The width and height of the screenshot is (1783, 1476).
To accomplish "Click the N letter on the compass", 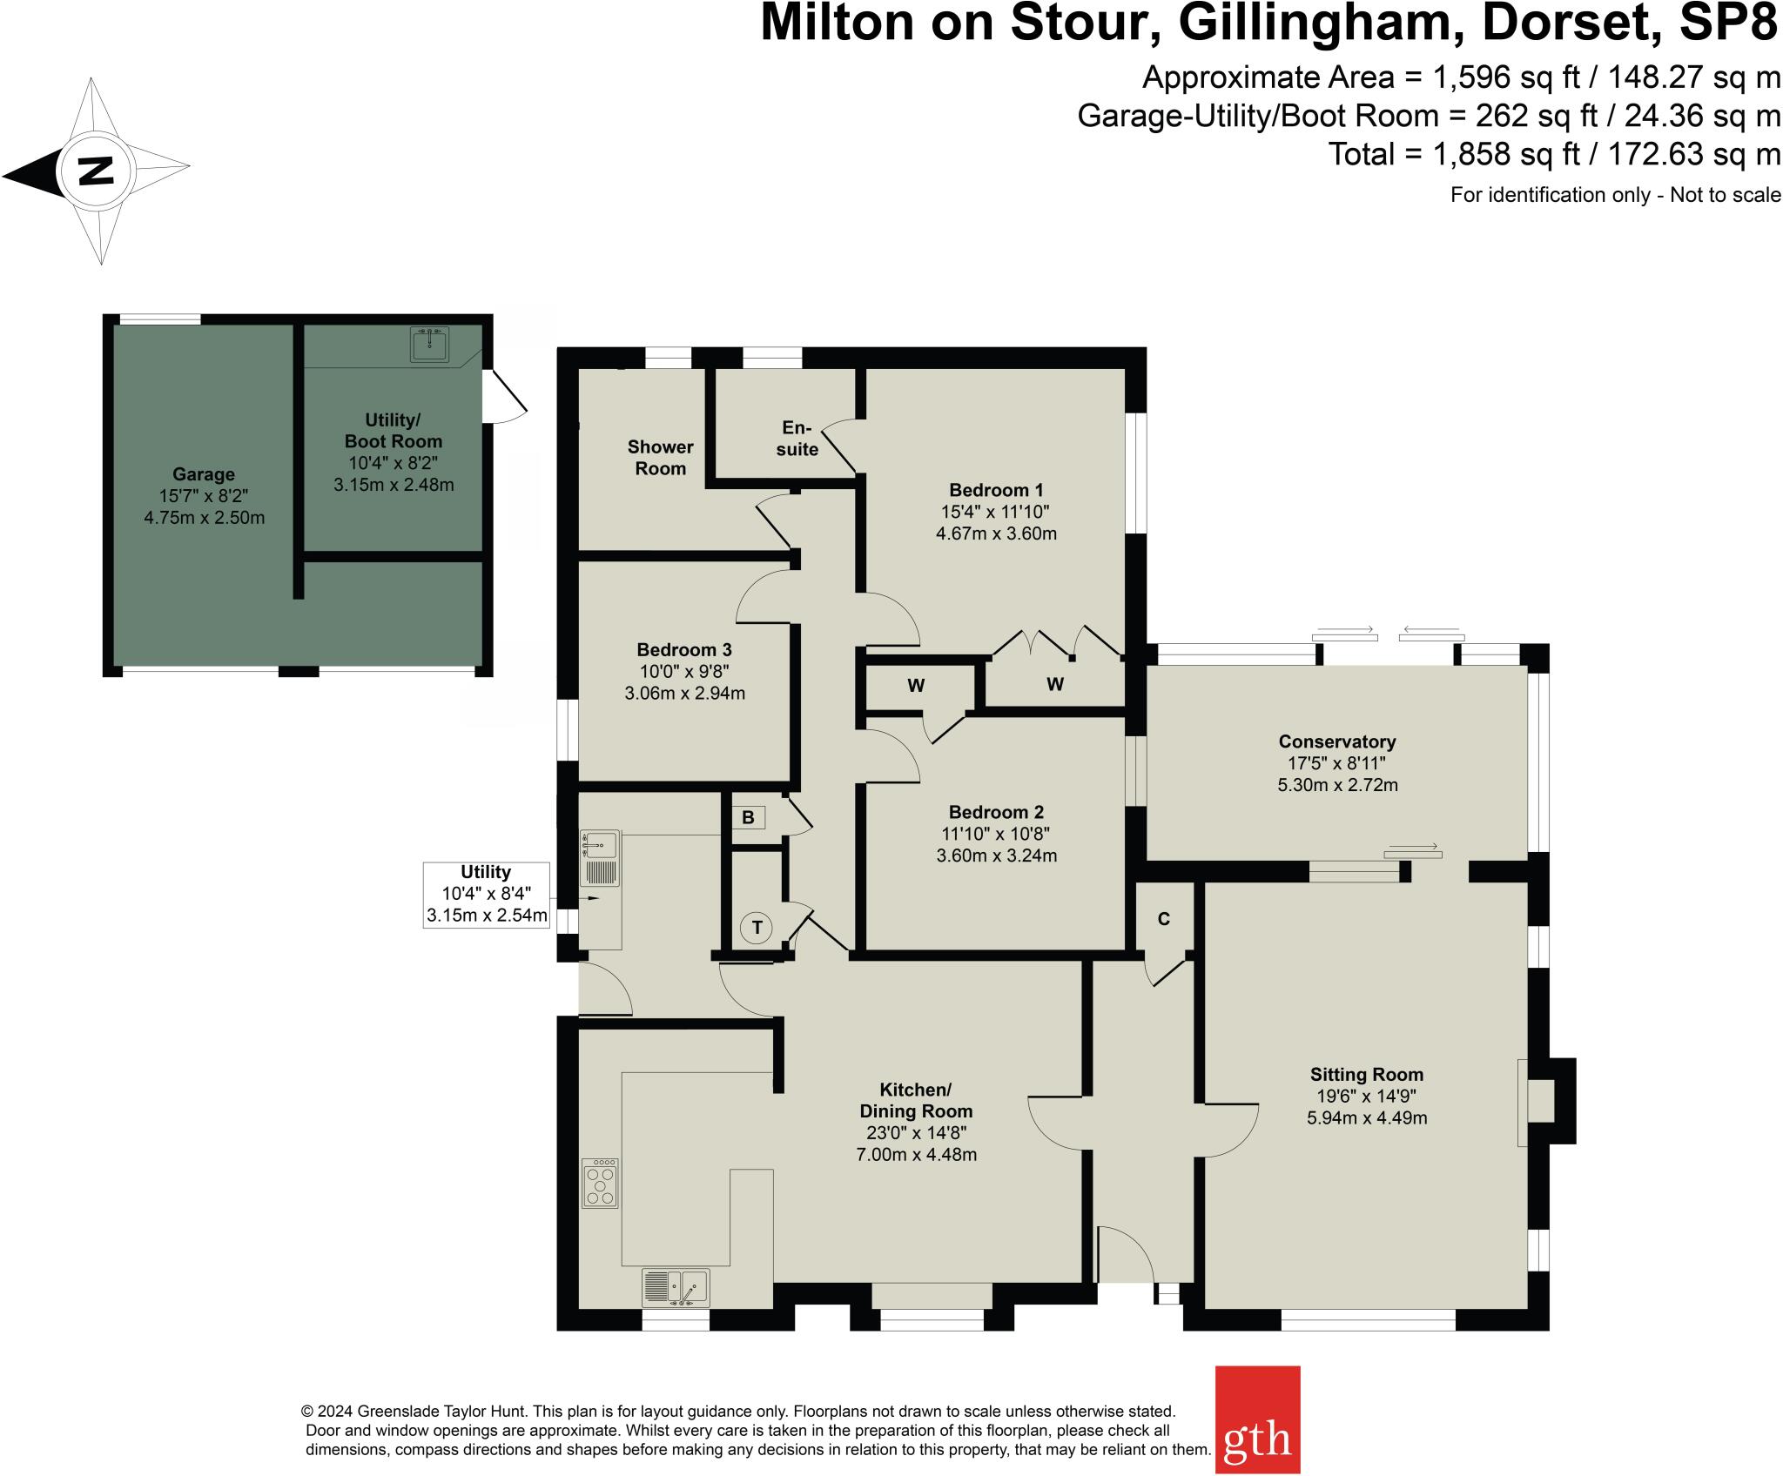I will tap(96, 170).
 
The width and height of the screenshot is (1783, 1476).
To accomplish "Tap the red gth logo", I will tap(1256, 1419).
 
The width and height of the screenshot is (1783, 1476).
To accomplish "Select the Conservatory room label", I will tap(1336, 741).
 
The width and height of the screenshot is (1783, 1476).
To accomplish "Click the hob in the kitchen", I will tap(600, 1183).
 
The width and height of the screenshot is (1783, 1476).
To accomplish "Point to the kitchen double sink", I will tap(676, 1287).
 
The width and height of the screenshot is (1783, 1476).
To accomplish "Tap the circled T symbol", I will tap(757, 928).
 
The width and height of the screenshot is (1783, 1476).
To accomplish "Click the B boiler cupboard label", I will tap(747, 817).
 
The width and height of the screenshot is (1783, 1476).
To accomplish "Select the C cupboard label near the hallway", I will tap(1163, 919).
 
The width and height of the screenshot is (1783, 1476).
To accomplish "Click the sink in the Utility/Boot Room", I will tap(429, 345).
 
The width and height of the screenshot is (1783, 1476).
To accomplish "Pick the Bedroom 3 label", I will tap(683, 649).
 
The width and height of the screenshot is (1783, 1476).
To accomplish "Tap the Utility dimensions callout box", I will tap(486, 895).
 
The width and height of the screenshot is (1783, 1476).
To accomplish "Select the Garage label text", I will tap(203, 474).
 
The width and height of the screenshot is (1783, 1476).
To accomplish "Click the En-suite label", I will tap(797, 438).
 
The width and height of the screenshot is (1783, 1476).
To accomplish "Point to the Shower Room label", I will tap(660, 457).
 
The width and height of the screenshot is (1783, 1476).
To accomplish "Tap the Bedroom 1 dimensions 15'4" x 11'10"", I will tap(995, 512).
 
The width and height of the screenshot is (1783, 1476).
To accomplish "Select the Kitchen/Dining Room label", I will tap(915, 1100).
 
